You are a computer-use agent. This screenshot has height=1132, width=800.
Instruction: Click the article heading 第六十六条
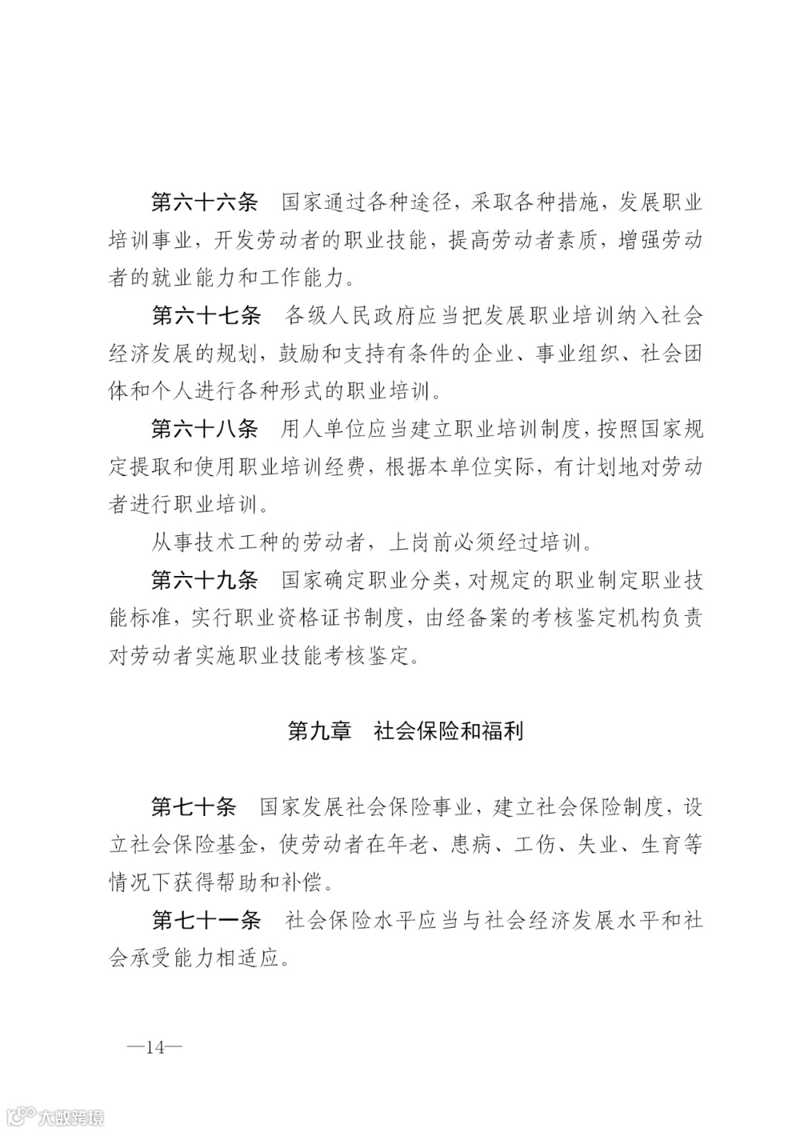click(x=204, y=202)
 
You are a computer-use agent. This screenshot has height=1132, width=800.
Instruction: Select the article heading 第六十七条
click(x=206, y=315)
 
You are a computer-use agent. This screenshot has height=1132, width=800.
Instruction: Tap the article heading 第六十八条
click(x=204, y=429)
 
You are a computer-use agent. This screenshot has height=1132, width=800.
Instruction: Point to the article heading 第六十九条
click(x=204, y=580)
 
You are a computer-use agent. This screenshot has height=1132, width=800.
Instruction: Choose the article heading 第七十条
click(x=193, y=806)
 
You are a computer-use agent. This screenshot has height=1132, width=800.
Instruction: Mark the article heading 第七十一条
click(x=206, y=920)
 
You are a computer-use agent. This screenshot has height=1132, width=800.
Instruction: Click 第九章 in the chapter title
click(x=319, y=731)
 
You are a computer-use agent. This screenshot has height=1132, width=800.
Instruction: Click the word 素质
click(x=576, y=240)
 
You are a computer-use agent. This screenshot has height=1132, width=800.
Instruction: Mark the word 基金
click(x=236, y=844)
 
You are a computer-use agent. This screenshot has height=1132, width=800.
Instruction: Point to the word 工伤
click(x=536, y=844)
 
